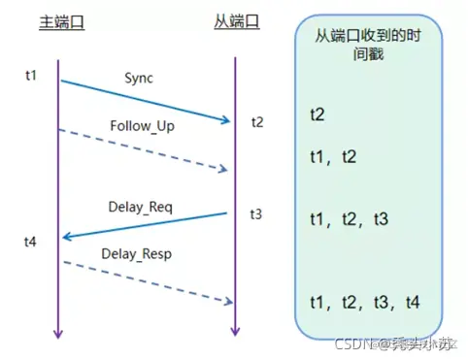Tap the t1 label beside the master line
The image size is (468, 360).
click(32, 75)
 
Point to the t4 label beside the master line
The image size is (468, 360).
click(32, 240)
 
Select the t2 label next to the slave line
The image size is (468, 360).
click(256, 122)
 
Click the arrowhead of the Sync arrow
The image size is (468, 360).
click(228, 121)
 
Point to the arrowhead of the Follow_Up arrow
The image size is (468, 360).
click(226, 170)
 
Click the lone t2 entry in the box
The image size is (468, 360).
click(318, 115)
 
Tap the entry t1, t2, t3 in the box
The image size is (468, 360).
click(349, 220)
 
